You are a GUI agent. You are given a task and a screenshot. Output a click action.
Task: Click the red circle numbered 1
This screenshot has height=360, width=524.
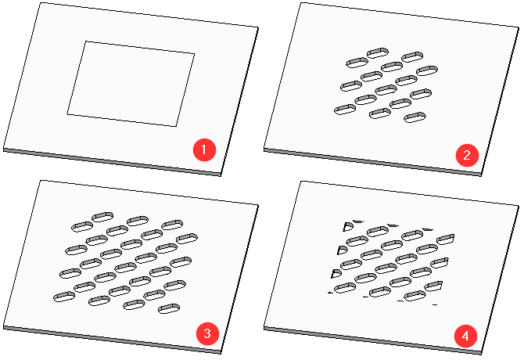(x=205, y=149)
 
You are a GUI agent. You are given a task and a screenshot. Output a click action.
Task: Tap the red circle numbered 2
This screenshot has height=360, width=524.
(x=467, y=155)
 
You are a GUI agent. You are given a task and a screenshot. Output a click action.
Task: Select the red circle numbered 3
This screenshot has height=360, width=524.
(x=207, y=333)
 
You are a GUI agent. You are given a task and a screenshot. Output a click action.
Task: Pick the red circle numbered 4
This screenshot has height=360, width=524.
(x=466, y=336)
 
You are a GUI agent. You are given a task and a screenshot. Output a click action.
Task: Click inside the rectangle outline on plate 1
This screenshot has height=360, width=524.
(x=131, y=84)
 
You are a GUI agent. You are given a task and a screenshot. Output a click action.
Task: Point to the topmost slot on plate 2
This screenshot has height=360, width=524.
(x=378, y=52)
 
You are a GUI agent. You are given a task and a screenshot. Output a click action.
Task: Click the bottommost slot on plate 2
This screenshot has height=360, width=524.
(x=415, y=117)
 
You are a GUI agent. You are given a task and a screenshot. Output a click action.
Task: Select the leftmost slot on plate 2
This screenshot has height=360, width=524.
(x=345, y=110)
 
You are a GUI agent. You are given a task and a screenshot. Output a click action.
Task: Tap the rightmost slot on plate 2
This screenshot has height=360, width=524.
(x=427, y=70)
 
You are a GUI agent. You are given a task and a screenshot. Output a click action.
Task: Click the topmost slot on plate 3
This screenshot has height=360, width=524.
(x=102, y=217)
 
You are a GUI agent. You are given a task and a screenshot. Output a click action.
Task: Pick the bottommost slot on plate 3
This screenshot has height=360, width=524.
(x=169, y=308)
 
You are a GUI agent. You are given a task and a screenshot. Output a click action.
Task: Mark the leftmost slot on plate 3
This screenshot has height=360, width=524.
(x=64, y=297)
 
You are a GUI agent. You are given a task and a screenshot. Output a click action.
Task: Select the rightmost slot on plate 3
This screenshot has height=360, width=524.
(x=187, y=239)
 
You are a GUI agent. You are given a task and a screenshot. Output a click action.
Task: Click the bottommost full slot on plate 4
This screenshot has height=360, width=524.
(x=415, y=296)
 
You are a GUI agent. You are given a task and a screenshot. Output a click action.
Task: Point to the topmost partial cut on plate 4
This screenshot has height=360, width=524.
(x=358, y=221)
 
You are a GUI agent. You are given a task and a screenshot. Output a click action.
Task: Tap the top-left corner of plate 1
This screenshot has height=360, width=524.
(x=41, y=2)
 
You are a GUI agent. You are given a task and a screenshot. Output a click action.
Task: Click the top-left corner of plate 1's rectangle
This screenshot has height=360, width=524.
(x=86, y=41)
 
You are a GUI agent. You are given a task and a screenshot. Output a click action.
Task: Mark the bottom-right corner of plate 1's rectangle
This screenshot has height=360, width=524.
(x=176, y=126)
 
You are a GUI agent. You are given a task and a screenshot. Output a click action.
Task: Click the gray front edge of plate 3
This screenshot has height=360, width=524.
(x=112, y=339)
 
